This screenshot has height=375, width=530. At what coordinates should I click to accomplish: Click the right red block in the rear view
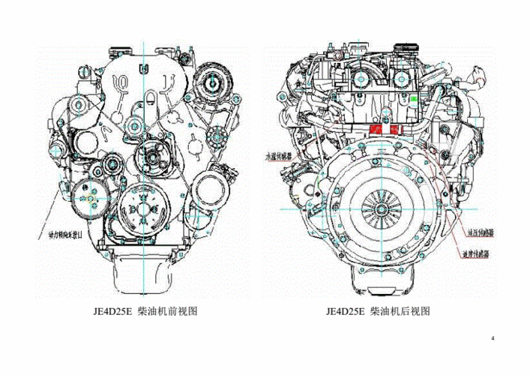393,130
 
